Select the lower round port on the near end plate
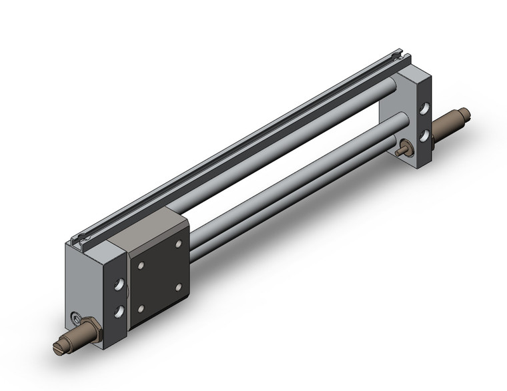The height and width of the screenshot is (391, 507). (119, 311)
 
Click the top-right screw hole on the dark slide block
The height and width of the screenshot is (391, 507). (178, 245)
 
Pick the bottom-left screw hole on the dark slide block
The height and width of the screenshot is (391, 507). (141, 308)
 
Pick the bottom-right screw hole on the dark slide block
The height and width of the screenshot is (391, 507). (178, 288)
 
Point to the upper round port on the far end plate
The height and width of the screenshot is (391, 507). (424, 107)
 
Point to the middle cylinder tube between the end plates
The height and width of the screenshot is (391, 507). (287, 175)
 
